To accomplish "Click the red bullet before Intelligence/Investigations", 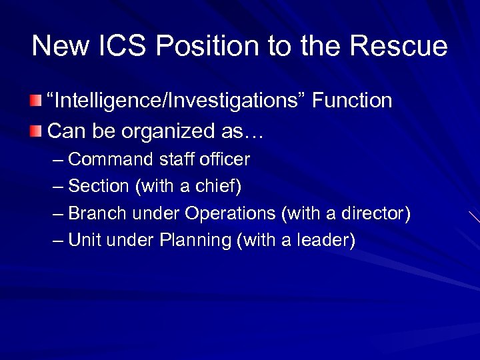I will tap(35, 101).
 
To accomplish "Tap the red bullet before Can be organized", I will tap(35, 131).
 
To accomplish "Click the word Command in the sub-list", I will tap(111, 159).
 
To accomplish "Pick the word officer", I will tap(224, 159).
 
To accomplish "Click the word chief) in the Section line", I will tap(219, 186).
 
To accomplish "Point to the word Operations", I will tap(231, 213).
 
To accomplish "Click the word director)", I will tap(376, 213).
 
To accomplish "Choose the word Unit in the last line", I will tap(84, 240).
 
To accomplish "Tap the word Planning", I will tap(195, 241).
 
